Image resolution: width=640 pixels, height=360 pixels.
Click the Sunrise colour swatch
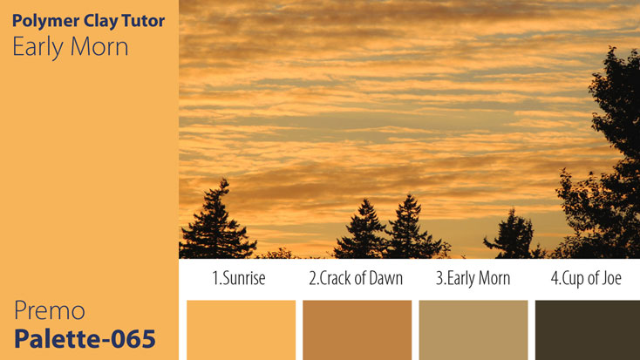click(241, 329)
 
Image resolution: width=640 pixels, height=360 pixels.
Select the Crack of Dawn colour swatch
click(357, 329)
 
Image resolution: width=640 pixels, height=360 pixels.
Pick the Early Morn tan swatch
click(473, 329)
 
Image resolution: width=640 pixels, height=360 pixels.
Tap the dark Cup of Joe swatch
click(587, 329)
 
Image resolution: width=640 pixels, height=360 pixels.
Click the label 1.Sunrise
click(238, 279)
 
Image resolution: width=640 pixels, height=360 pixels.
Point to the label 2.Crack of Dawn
click(356, 279)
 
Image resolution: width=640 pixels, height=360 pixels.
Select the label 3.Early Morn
click(473, 279)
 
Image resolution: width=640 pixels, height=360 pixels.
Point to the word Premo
click(49, 310)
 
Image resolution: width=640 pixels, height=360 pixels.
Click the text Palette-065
click(85, 337)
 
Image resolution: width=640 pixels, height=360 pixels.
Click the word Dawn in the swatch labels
click(384, 279)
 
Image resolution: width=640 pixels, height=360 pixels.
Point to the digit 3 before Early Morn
click(439, 279)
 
